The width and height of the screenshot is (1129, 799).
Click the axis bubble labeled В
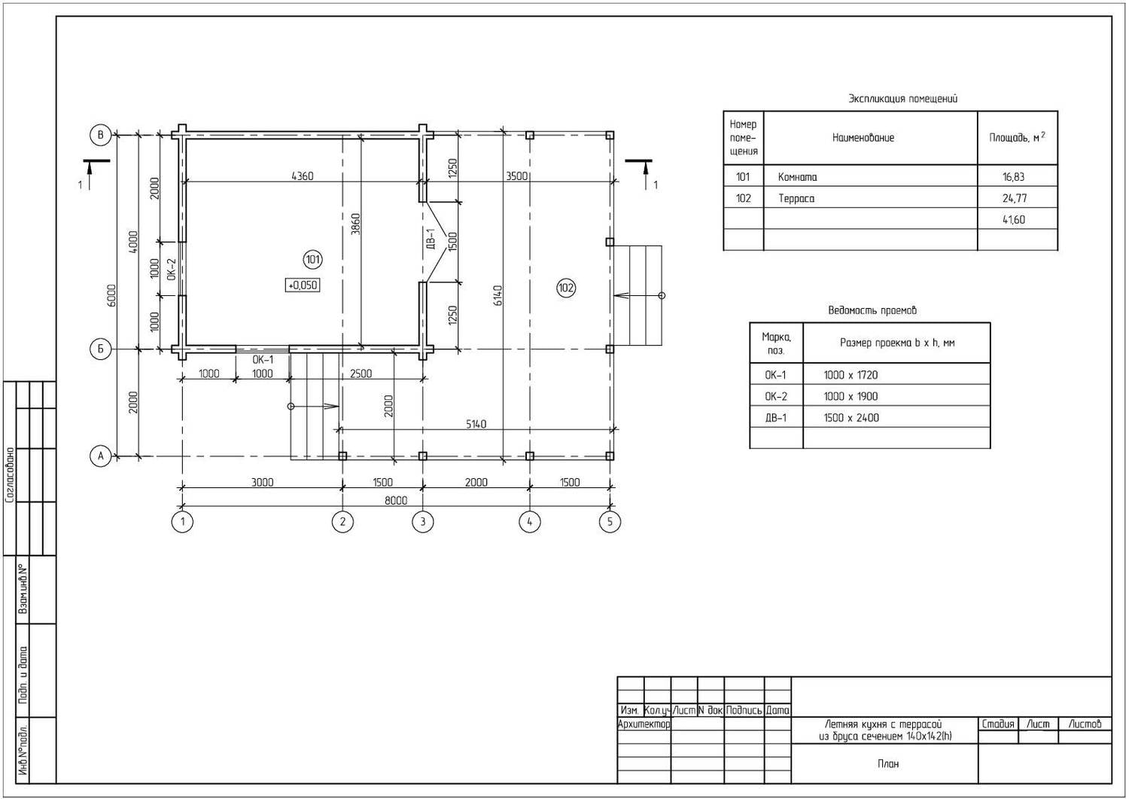point(100,135)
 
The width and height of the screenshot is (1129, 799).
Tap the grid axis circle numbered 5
point(610,522)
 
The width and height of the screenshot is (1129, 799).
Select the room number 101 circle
point(312,260)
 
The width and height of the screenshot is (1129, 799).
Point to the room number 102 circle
point(566,288)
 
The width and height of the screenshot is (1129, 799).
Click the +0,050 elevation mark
point(303,285)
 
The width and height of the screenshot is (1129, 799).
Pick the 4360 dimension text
point(303,176)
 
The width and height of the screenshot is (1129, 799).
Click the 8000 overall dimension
point(396,500)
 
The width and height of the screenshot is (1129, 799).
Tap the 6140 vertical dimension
point(497,296)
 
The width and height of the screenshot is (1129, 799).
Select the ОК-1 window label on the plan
point(263,360)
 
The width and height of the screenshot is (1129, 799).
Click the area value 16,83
point(1014,177)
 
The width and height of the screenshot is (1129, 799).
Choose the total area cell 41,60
point(1014,219)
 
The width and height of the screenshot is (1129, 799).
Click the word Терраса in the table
point(796,198)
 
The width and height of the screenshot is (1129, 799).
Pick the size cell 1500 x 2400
point(851,418)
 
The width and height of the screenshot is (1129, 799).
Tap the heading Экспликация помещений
point(902,99)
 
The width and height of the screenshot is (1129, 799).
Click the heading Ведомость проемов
point(872,310)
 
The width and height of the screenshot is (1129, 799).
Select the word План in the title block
point(888,764)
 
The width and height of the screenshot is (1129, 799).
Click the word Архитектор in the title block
point(644,724)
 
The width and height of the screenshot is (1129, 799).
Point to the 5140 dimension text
point(476,424)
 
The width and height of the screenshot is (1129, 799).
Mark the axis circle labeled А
point(100,456)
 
